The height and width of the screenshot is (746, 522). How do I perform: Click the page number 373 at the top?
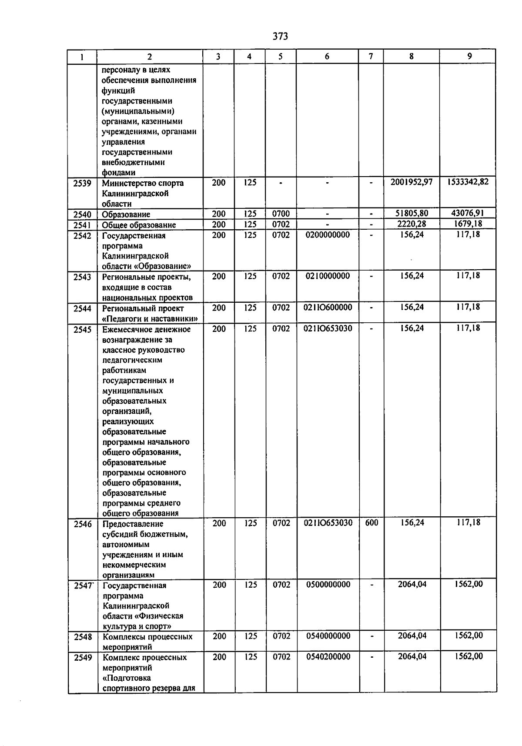pos(280,37)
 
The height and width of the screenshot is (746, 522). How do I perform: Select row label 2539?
pos(82,183)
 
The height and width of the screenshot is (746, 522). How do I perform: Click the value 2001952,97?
pos(411,182)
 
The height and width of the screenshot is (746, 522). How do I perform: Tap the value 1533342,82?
pos(468,182)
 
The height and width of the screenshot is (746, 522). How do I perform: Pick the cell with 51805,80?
pos(411,214)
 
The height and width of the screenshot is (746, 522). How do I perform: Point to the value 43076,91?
pos(468,213)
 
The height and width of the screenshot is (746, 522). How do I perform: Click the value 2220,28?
pos(412,224)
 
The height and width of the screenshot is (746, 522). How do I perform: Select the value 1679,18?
pos(468,224)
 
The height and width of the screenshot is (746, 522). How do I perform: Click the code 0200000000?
pos(328,235)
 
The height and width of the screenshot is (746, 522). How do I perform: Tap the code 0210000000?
pos(328,276)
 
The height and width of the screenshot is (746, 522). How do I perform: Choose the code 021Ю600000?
pos(328,308)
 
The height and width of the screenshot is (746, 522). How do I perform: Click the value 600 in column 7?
pos(371,523)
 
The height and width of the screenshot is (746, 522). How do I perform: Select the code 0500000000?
pos(328,585)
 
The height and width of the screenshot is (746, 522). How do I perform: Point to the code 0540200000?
pos(328,657)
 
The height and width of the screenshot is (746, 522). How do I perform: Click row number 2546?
pos(83,524)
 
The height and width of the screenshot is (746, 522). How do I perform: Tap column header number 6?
pos(327,57)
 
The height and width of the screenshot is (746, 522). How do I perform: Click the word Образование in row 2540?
pos(126,214)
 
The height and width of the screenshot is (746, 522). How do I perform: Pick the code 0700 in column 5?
pos(281,214)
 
